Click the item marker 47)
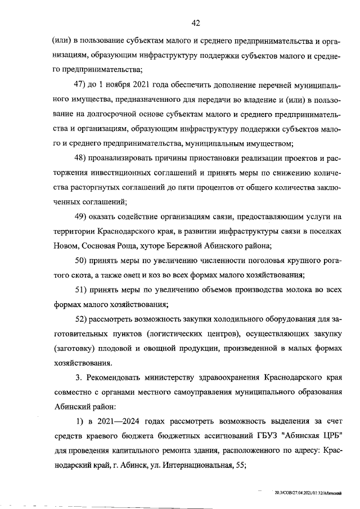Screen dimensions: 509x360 point(82,84)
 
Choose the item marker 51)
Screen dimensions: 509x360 point(82,290)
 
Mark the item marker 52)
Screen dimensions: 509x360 point(82,319)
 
